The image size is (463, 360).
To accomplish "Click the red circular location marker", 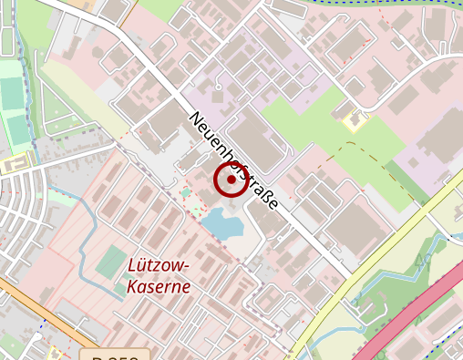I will (231, 180).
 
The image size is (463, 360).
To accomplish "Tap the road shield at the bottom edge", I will (114, 354).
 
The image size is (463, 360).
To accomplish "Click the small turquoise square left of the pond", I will (186, 192).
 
